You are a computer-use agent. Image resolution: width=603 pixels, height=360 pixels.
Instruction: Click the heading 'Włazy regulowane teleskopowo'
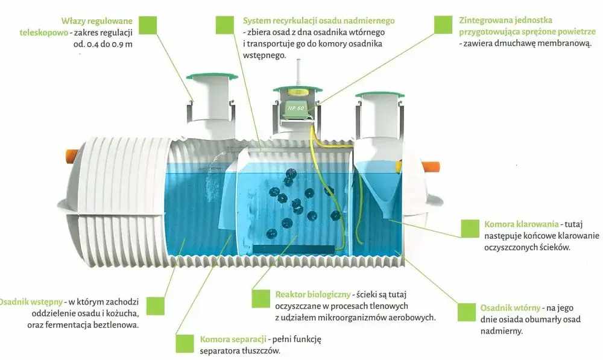coord(76,27)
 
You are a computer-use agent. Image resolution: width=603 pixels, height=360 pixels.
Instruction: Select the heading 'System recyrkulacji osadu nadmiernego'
coord(319,21)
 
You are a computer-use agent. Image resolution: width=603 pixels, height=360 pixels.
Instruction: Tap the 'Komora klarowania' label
coord(521,224)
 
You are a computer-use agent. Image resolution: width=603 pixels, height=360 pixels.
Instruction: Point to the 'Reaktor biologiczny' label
coord(312,295)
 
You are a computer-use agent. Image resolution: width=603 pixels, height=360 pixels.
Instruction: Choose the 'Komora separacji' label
coord(233,339)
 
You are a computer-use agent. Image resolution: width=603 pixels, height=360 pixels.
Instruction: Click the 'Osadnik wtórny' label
coord(510,308)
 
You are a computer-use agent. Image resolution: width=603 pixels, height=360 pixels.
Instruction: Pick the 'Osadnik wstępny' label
coord(31,302)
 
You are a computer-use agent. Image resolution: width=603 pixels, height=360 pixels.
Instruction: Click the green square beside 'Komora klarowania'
coord(470,229)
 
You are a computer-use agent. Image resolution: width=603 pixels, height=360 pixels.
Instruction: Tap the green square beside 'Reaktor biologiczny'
coord(260,299)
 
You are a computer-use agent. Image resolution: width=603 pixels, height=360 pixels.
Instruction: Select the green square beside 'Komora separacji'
coord(185,344)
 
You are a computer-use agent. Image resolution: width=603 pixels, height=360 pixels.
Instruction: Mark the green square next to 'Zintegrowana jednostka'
coord(443,25)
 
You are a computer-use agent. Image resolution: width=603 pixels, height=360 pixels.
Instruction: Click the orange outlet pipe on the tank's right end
coord(431,168)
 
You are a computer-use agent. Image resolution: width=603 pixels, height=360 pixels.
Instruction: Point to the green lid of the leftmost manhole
coord(212,77)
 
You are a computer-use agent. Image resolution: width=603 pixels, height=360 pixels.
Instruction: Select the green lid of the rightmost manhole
coord(380,94)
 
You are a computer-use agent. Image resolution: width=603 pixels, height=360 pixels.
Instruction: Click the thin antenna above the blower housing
coord(298,73)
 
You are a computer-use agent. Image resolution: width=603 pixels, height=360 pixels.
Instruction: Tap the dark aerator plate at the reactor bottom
coord(294,249)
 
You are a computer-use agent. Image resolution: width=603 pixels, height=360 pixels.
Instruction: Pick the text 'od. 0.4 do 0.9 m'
coord(103,44)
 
